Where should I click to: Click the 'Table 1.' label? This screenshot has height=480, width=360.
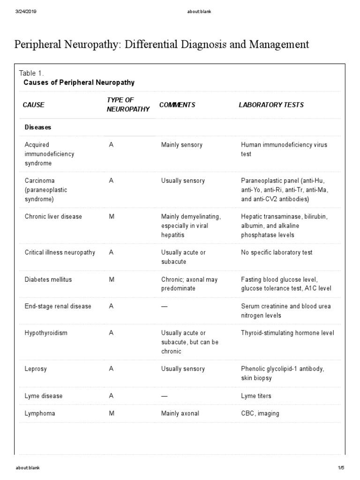31,73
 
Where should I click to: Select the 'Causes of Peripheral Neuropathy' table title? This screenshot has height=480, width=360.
79,82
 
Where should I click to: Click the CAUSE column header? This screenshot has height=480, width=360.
33,105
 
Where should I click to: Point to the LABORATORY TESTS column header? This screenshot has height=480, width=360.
271,105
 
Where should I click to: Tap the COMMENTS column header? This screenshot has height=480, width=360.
177,105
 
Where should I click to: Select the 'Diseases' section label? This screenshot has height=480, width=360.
38,127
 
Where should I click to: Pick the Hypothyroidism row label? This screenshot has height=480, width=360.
46,333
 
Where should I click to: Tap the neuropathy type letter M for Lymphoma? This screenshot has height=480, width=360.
112,413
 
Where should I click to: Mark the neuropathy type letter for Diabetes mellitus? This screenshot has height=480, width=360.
112,279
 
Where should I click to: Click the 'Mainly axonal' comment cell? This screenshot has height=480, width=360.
180,413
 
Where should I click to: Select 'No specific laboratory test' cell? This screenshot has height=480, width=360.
277,253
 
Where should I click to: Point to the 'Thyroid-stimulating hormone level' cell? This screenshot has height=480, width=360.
287,333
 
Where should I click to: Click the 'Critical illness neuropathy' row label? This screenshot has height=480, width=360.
60,253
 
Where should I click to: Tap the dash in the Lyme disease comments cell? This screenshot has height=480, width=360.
164,396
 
